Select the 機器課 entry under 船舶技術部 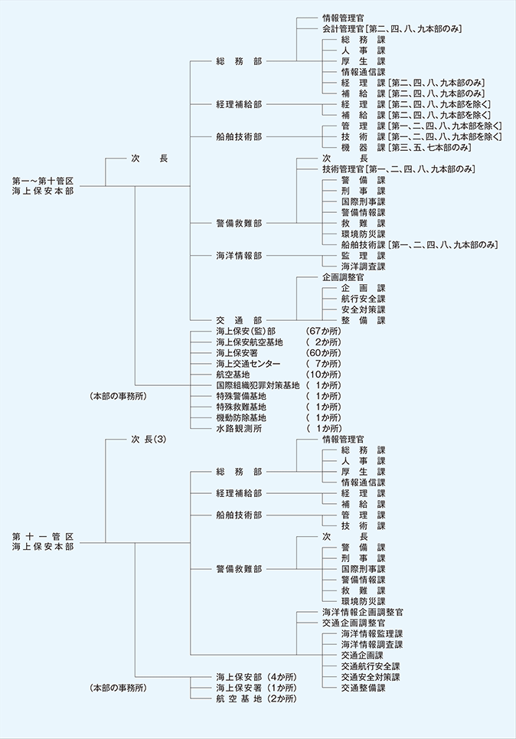364,147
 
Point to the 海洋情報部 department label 239,256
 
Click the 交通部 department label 239,319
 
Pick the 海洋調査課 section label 364,266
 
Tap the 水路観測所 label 237,428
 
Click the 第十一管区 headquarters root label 43,541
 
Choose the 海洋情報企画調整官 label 362,613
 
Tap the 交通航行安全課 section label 370,666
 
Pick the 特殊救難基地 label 242,407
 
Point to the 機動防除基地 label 242,417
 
